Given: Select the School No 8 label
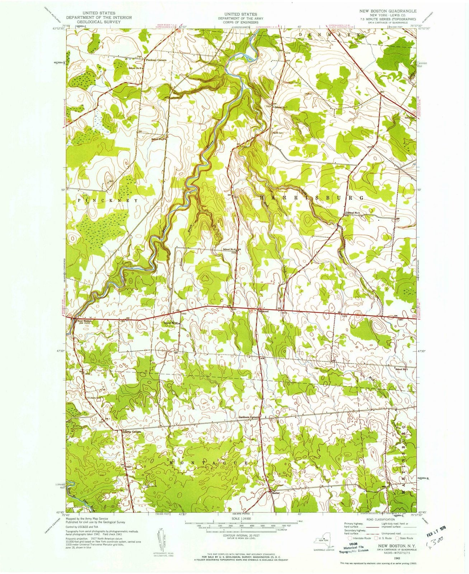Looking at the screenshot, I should point(136,67).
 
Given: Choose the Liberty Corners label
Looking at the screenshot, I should point(131,431).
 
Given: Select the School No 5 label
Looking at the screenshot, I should point(402,369).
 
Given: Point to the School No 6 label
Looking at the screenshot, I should point(229,250).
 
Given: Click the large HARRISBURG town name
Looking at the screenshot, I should point(311,198).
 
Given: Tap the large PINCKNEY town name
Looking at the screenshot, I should point(107,201).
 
